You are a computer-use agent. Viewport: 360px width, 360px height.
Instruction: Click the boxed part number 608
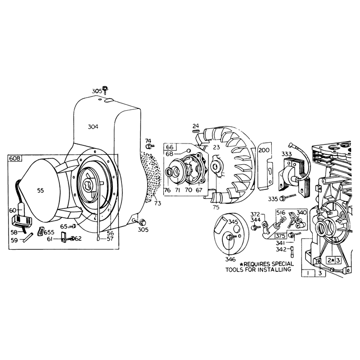15,158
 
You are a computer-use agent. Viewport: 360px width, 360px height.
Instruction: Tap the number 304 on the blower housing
93,126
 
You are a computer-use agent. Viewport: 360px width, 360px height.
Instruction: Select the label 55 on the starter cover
40,190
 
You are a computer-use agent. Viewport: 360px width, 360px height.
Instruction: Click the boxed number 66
170,147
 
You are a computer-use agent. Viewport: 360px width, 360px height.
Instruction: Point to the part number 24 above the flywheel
196,126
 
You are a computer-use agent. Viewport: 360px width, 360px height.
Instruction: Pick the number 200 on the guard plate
264,150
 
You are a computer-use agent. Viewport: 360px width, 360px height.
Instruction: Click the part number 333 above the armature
287,154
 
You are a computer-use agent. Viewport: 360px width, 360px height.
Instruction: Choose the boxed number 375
280,236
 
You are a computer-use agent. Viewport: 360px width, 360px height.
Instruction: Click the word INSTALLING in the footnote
274,270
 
